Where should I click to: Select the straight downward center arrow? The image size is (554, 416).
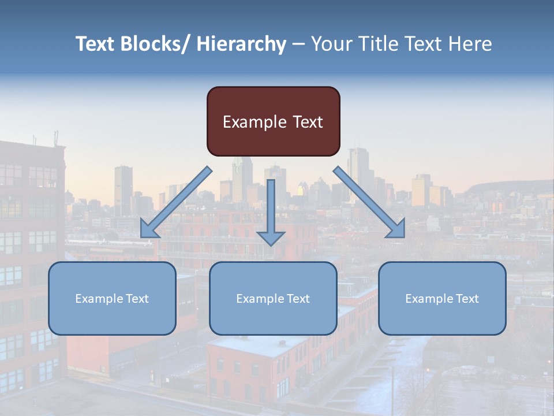271,208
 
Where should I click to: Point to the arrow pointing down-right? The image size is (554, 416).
369,202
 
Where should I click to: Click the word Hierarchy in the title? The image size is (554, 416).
241,44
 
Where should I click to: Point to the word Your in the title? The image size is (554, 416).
331,44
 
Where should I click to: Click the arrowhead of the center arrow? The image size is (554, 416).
271,237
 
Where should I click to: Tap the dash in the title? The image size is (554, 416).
298,44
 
